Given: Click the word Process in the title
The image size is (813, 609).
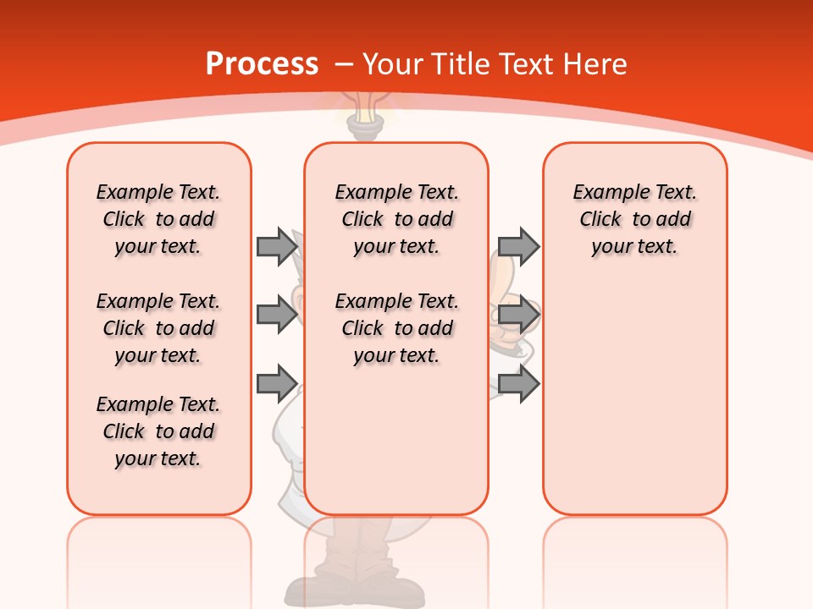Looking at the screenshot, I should pyautogui.click(x=262, y=64).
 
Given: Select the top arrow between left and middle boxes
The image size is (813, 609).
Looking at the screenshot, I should pyautogui.click(x=277, y=246).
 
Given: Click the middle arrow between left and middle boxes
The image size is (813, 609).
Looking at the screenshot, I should pyautogui.click(x=277, y=315).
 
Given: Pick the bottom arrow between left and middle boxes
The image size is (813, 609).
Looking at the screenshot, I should pyautogui.click(x=277, y=384).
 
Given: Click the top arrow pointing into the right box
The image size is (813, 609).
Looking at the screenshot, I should pyautogui.click(x=518, y=246).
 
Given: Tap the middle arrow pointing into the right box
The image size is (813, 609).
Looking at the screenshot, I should pyautogui.click(x=518, y=315).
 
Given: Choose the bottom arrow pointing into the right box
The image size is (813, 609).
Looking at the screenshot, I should pyautogui.click(x=518, y=384).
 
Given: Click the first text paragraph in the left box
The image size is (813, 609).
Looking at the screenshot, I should pyautogui.click(x=158, y=219).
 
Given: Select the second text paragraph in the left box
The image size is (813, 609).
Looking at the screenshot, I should pyautogui.click(x=158, y=328).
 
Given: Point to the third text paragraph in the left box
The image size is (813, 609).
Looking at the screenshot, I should pyautogui.click(x=158, y=431).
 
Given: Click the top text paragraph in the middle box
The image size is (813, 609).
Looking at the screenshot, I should pyautogui.click(x=396, y=219).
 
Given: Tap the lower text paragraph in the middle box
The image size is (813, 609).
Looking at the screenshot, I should pyautogui.click(x=396, y=328).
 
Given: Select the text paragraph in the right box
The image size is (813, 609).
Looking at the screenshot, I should pyautogui.click(x=635, y=219).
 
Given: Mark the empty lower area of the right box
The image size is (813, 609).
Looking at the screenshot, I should pyautogui.click(x=635, y=398).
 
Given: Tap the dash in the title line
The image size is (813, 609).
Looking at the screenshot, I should pyautogui.click(x=344, y=64).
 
